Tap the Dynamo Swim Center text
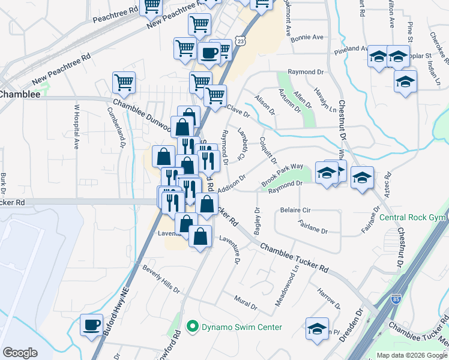click(x=241, y=327)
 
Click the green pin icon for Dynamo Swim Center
click(x=193, y=327)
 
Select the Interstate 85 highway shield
click(x=396, y=298)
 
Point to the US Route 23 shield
click(x=240, y=40)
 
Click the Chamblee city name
click(x=20, y=94)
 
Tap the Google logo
click(x=20, y=353)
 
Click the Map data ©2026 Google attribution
click(x=412, y=355)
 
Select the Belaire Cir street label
click(x=295, y=211)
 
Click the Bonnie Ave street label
click(x=307, y=37)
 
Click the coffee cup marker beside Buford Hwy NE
click(x=91, y=326)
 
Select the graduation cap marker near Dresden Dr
click(x=317, y=329)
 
